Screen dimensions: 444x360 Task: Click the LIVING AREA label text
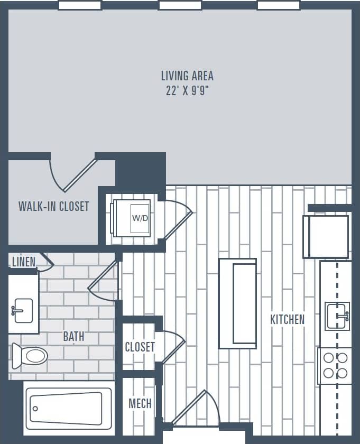[187, 76]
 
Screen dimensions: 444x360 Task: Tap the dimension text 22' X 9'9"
[187, 90]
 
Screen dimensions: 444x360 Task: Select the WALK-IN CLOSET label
[54, 206]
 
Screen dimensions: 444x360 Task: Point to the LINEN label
[23, 262]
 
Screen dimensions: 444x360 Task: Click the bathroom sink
[23, 310]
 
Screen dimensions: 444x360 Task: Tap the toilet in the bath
[31, 355]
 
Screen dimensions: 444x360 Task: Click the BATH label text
[73, 336]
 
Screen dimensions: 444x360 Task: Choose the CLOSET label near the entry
[140, 347]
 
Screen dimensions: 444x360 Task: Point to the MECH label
[140, 404]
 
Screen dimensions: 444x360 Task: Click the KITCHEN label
[287, 319]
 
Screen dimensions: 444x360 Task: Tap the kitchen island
[237, 303]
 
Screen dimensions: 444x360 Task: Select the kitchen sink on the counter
[337, 316]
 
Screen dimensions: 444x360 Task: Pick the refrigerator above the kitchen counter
[326, 236]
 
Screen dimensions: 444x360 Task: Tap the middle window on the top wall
[180, 5]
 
